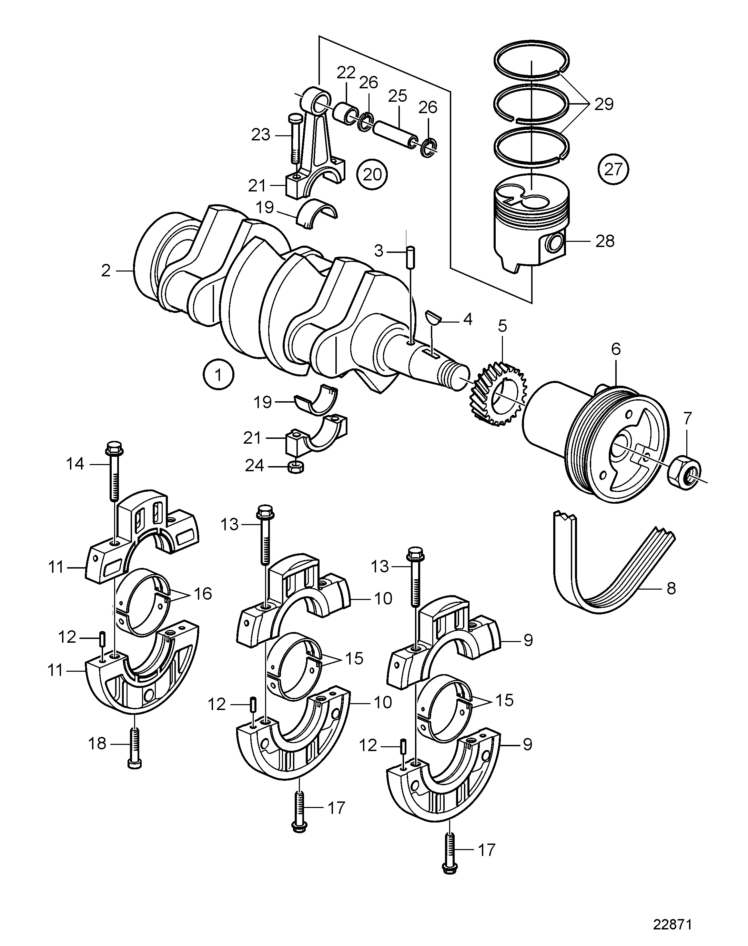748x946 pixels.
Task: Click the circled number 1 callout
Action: click(218, 374)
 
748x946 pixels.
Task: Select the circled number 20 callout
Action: click(372, 175)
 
